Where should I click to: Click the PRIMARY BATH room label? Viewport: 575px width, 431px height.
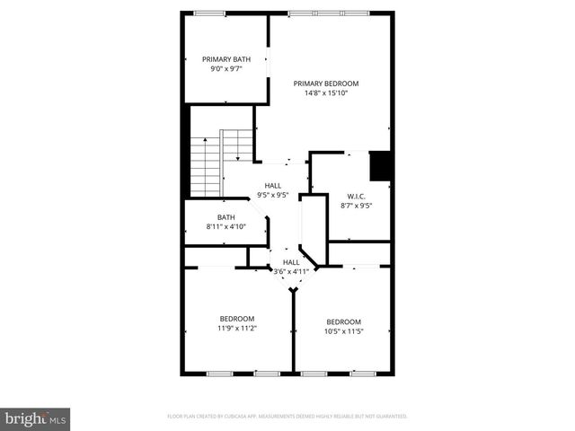click(226, 59)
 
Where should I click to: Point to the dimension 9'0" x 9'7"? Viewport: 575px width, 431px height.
click(226, 68)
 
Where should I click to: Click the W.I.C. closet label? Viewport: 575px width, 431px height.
click(356, 196)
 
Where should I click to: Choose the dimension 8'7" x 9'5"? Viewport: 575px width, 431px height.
click(356, 206)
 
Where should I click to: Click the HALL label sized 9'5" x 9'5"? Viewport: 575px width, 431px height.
click(273, 185)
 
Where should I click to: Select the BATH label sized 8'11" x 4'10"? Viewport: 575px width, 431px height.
click(226, 216)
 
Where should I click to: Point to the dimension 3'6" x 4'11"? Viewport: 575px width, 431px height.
click(290, 271)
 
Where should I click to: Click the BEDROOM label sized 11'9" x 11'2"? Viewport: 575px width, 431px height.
click(237, 319)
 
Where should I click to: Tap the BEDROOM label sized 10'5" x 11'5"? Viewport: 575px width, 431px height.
click(343, 322)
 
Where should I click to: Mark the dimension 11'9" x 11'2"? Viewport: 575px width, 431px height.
click(237, 329)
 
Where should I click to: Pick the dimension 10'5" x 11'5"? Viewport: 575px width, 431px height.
click(343, 332)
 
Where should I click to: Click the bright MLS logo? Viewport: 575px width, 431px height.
click(36, 418)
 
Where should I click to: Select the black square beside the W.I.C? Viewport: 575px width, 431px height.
click(380, 166)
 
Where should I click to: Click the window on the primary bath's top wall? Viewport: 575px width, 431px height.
click(209, 13)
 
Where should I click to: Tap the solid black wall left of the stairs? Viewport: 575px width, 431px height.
click(186, 150)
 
